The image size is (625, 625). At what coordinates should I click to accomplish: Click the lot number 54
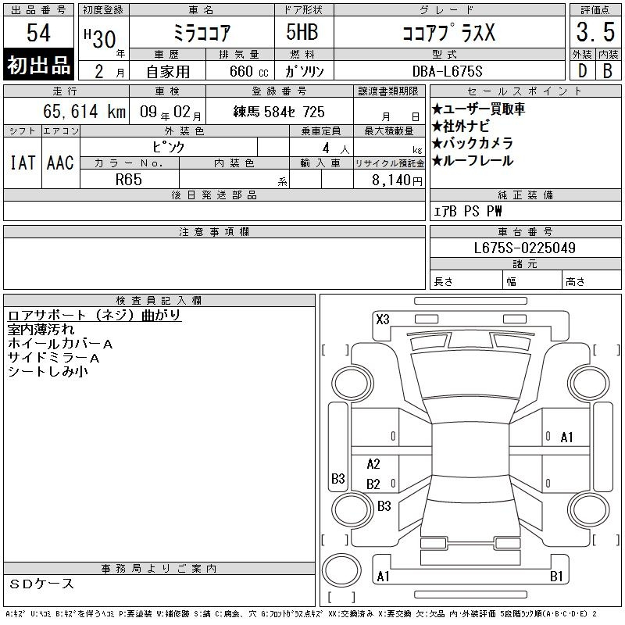point(38,33)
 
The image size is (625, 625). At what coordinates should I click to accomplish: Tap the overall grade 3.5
point(595,32)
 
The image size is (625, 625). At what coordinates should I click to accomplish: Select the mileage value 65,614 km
point(84,112)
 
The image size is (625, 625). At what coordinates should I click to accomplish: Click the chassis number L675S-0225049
point(524,248)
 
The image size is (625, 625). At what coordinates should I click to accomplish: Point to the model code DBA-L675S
point(447,71)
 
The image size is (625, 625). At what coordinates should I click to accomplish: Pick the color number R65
point(129,180)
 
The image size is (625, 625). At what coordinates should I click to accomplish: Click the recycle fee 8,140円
point(397,180)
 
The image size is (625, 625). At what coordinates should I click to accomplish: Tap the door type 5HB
point(302,32)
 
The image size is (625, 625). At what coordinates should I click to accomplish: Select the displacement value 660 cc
point(248,71)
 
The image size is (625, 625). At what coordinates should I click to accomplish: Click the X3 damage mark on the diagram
point(383,320)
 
